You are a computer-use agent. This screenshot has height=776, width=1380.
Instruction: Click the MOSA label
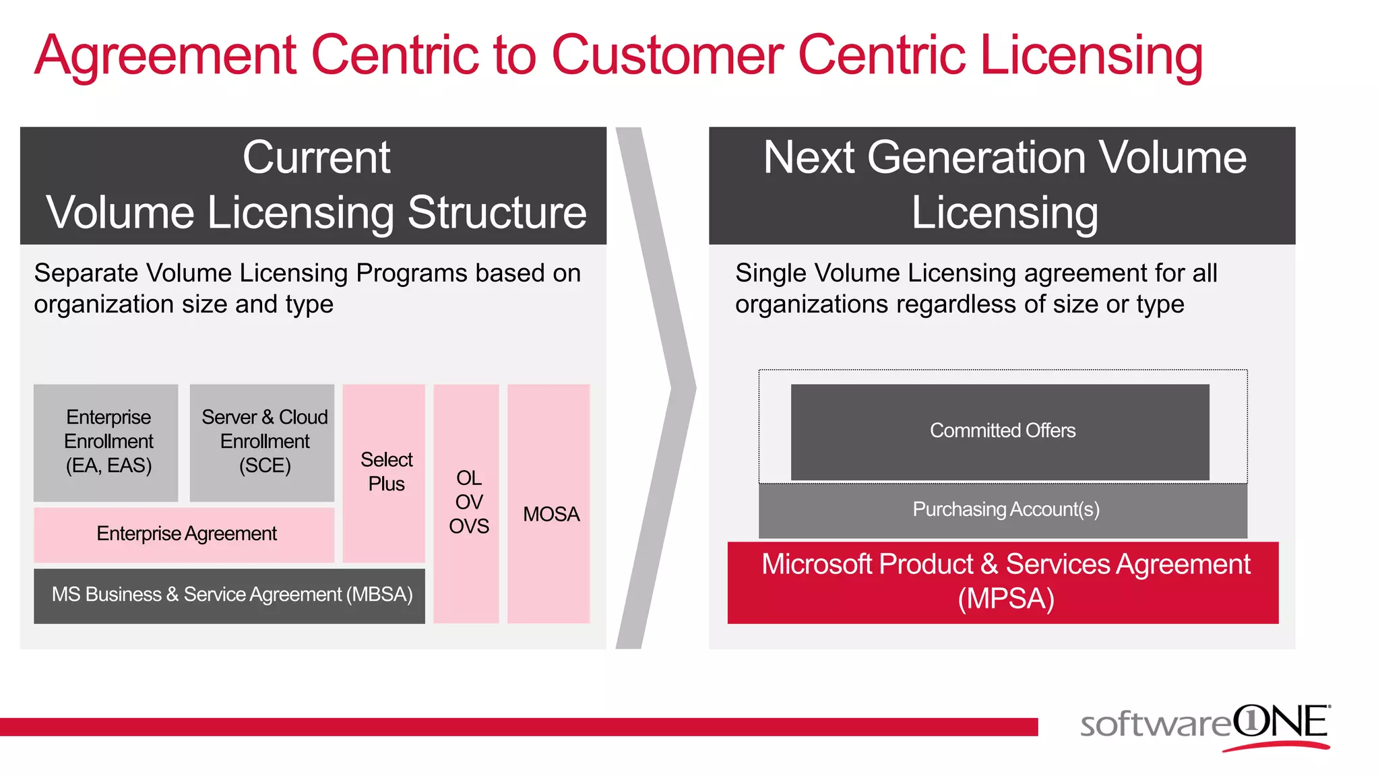551,515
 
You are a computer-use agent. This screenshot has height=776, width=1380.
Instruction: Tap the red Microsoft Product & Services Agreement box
1003,582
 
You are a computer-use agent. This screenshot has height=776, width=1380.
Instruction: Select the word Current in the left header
316,158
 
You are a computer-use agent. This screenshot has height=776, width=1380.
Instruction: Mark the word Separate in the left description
86,273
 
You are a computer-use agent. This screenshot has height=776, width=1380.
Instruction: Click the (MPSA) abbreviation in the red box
1005,599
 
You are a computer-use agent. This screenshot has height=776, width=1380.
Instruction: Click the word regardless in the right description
956,304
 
